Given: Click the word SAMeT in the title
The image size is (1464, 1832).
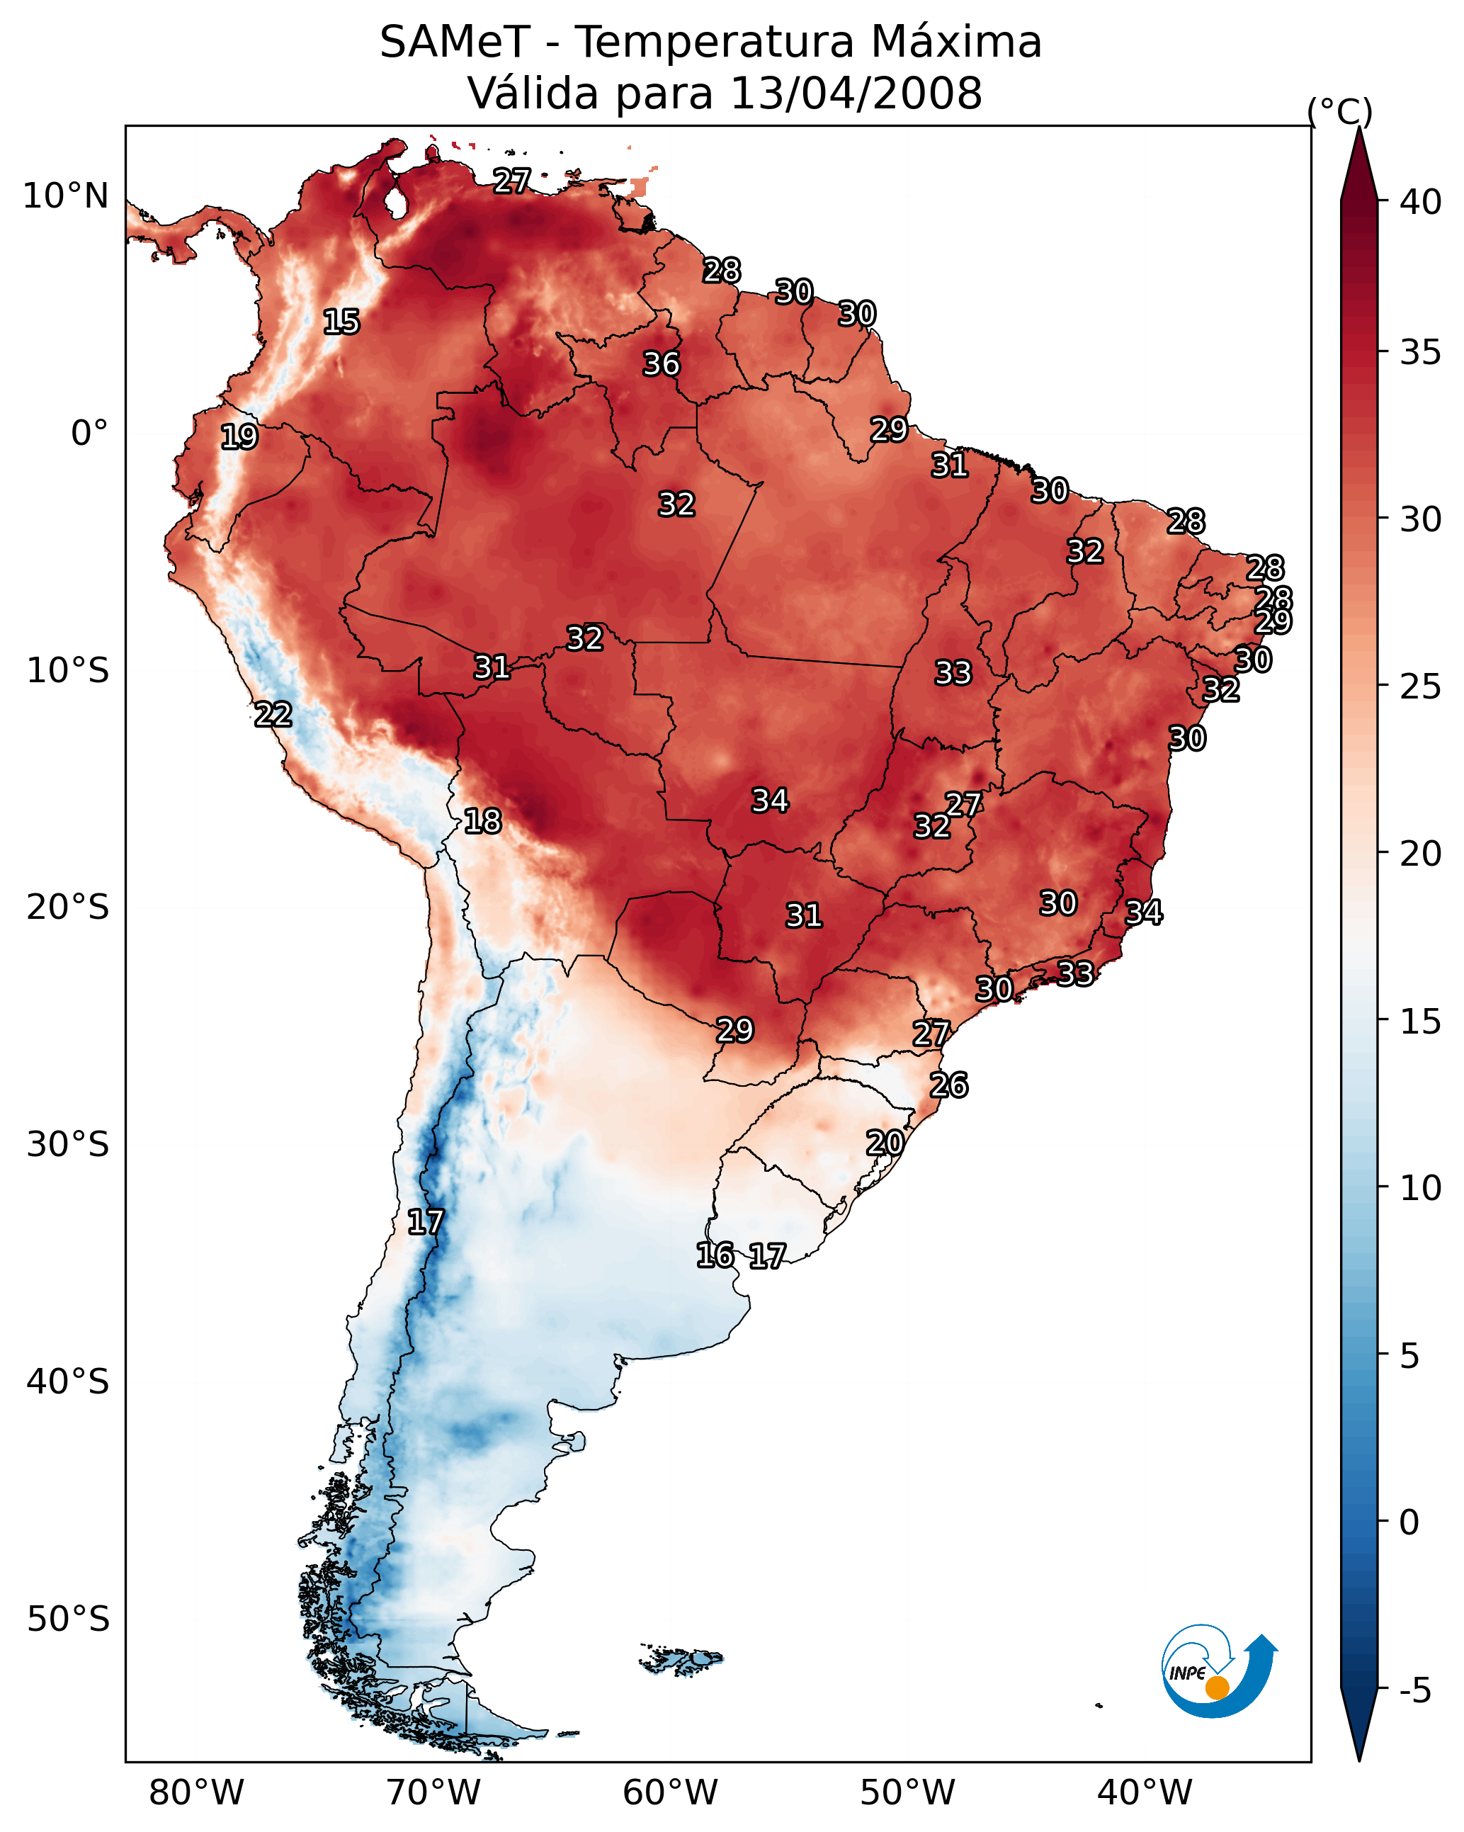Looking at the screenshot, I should point(455,43).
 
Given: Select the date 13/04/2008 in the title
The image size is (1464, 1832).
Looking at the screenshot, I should point(856,94).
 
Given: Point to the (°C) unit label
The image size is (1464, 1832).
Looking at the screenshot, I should point(1339,111).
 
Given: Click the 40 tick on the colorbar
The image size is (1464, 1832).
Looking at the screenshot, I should point(1420,202).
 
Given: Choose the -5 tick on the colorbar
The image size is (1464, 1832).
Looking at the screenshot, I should point(1414,1690).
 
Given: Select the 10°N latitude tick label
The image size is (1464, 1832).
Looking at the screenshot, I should point(65,196).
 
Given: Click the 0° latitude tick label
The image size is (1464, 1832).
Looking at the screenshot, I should point(89,434).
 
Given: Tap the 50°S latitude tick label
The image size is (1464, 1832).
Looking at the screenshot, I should point(68,1619).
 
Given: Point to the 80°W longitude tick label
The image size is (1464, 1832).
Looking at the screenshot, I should point(196,1793).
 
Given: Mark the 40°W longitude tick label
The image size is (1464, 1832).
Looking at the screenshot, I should point(1145,1793).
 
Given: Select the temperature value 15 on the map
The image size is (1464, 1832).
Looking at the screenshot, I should point(341,322).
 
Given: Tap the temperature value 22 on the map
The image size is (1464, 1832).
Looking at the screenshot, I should point(273,715).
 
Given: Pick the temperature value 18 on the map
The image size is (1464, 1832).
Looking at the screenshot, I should point(482,821).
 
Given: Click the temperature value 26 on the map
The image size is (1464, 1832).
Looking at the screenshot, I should point(948,1085).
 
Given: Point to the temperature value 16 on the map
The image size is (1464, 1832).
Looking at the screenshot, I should point(715,1255).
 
